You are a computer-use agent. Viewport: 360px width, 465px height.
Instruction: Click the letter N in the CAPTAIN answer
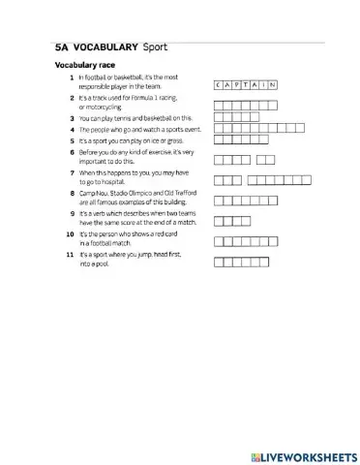275,85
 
